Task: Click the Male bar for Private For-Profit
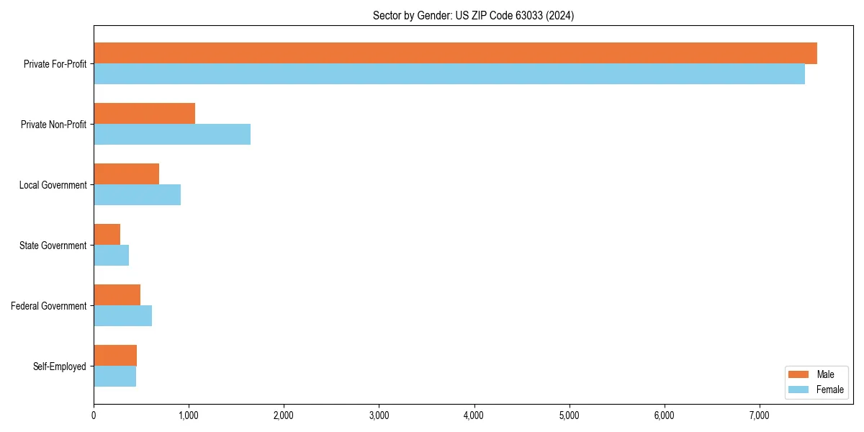point(455,53)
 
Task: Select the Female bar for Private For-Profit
point(449,74)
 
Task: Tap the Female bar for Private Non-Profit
point(172,135)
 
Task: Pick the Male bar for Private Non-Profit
point(144,114)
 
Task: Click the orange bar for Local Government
point(126,174)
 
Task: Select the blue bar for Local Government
point(137,195)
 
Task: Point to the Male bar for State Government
point(107,235)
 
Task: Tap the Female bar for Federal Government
point(122,316)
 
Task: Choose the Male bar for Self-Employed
point(115,356)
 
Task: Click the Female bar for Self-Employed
point(114,377)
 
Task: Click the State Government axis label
point(53,246)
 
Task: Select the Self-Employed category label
point(59,366)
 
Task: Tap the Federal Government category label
point(49,306)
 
